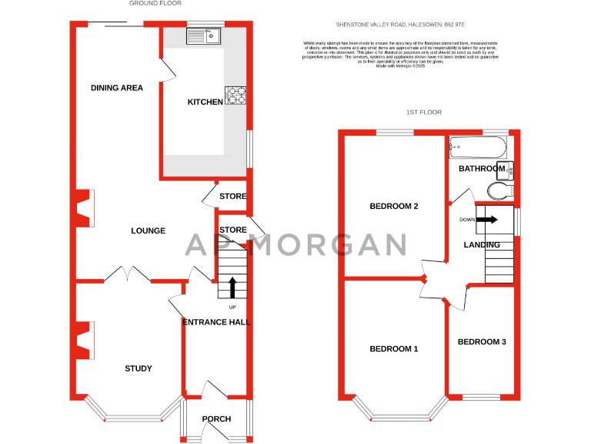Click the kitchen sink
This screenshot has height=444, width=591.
coord(203,35)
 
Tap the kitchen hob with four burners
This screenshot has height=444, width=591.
coord(235,96)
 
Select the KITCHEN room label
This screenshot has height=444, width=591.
coord(205,102)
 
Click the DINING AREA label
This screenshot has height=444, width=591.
coord(117,88)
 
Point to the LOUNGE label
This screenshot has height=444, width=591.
coord(148,230)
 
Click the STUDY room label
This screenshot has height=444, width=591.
coord(139,368)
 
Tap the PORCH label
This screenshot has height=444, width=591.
coord(216,419)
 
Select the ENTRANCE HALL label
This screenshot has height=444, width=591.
coord(216,322)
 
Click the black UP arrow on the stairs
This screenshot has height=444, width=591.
coord(232,286)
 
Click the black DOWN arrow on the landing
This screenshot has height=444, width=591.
coord(486,219)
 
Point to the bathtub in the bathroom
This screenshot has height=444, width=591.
coord(478,145)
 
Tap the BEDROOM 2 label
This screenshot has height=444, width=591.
coord(394,207)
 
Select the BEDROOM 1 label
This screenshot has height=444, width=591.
coord(394,349)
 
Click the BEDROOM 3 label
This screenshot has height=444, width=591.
coord(482,341)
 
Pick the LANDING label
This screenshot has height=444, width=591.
coord(482,245)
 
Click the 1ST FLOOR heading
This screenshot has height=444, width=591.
coord(424,113)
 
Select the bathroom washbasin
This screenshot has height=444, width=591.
coord(507,170)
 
